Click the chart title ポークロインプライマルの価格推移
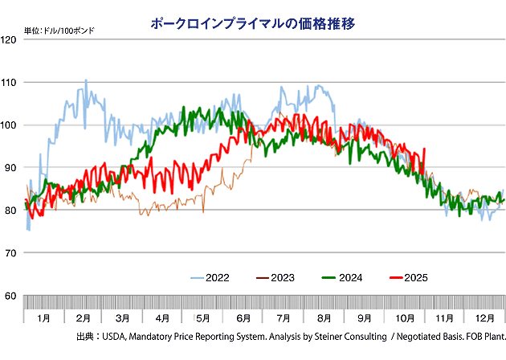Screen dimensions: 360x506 click(253, 24)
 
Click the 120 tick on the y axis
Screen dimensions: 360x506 click(11, 39)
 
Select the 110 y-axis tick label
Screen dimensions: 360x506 click(11, 82)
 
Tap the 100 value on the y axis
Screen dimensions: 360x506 click(11, 125)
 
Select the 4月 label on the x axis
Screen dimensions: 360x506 click(164, 318)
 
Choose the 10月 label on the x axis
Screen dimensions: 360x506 click(404, 318)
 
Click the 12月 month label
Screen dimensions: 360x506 click(484, 318)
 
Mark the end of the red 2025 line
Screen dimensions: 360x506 click(424, 148)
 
